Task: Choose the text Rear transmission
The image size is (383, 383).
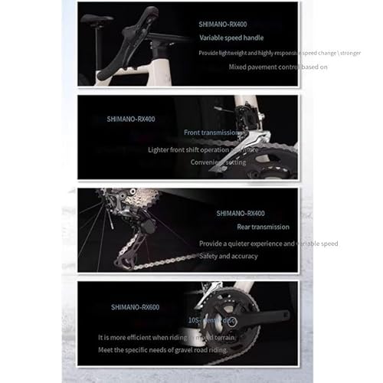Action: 242,227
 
